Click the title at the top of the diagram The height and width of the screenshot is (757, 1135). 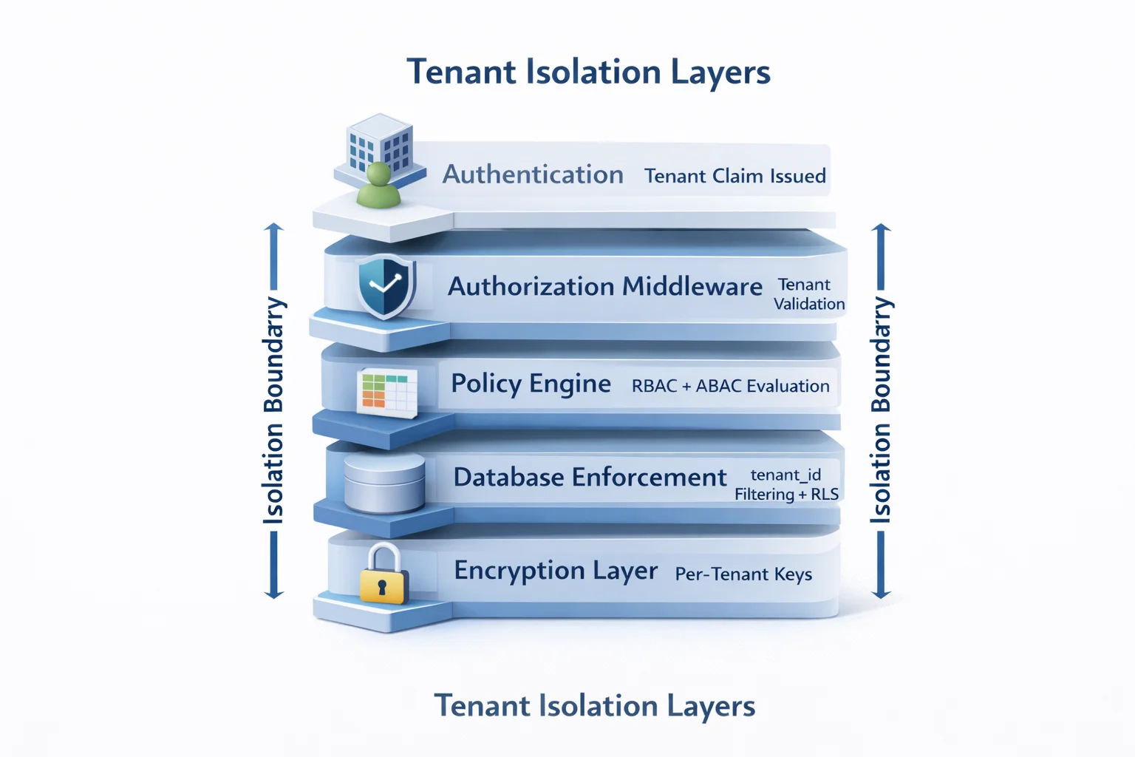coord(588,72)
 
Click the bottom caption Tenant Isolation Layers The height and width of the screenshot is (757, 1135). coord(594,706)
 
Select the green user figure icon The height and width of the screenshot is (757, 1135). coord(378,186)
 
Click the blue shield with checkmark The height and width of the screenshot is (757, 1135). coord(385,286)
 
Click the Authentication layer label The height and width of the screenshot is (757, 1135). coord(533,174)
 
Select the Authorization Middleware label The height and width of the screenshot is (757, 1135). coord(604,287)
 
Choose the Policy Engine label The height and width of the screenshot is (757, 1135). coord(531,384)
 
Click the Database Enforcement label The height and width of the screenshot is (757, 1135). coord(590,478)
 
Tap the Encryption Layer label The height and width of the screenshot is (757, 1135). coord(555,571)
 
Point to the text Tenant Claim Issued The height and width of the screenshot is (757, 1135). coord(734,176)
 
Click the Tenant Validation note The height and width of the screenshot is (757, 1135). coord(808,294)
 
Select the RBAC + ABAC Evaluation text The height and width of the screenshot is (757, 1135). coord(730,386)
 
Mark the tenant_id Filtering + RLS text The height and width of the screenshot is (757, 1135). coord(786,485)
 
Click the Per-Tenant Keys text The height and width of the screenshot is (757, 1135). coord(743,574)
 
